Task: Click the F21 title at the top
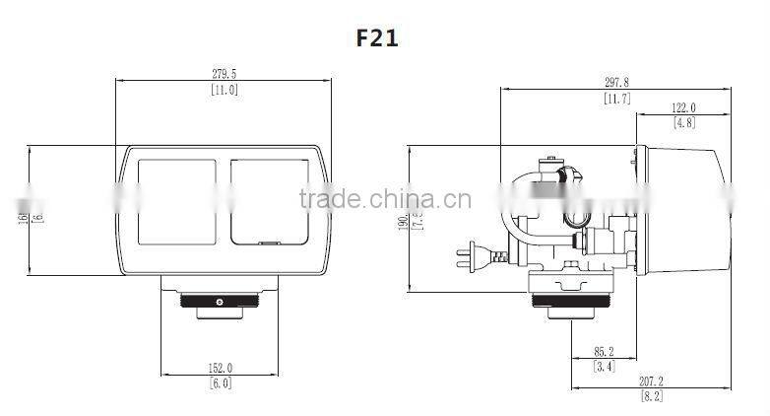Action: pyautogui.click(x=377, y=37)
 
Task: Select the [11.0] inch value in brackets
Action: pyautogui.click(x=225, y=90)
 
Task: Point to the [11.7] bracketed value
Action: pyautogui.click(x=617, y=98)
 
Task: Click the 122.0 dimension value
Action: pyautogui.click(x=684, y=108)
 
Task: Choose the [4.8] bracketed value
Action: pyautogui.click(x=684, y=123)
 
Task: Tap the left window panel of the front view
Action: pyautogui.click(x=176, y=203)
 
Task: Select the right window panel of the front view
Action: pyautogui.click(x=268, y=203)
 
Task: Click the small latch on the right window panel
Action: pyautogui.click(x=267, y=241)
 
